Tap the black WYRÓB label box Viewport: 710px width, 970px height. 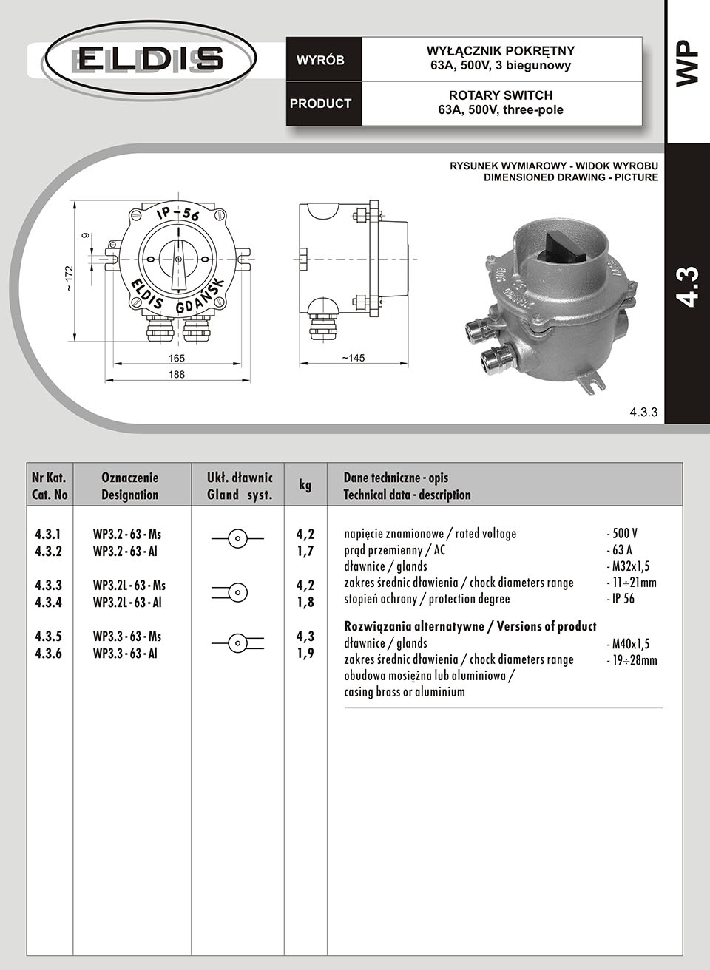point(320,60)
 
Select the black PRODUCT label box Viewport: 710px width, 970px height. point(320,104)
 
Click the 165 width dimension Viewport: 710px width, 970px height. point(177,358)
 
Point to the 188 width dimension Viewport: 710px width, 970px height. point(177,375)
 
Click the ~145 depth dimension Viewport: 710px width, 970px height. point(353,358)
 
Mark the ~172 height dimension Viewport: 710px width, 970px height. point(69,278)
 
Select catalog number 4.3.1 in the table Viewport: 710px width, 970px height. point(49,534)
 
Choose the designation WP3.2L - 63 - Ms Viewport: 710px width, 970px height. point(129,585)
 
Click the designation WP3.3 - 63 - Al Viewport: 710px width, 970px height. point(126,654)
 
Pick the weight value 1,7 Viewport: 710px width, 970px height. point(305,551)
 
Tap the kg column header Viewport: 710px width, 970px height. point(305,485)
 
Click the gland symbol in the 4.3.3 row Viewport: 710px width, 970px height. point(237,592)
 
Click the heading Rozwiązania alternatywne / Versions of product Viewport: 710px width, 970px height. point(470,626)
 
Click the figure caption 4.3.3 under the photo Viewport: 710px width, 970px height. point(643,413)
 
